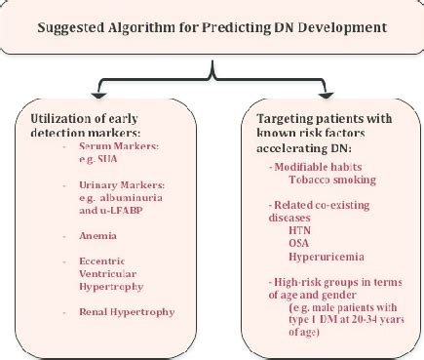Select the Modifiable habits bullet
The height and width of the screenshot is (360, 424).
click(x=307, y=166)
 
